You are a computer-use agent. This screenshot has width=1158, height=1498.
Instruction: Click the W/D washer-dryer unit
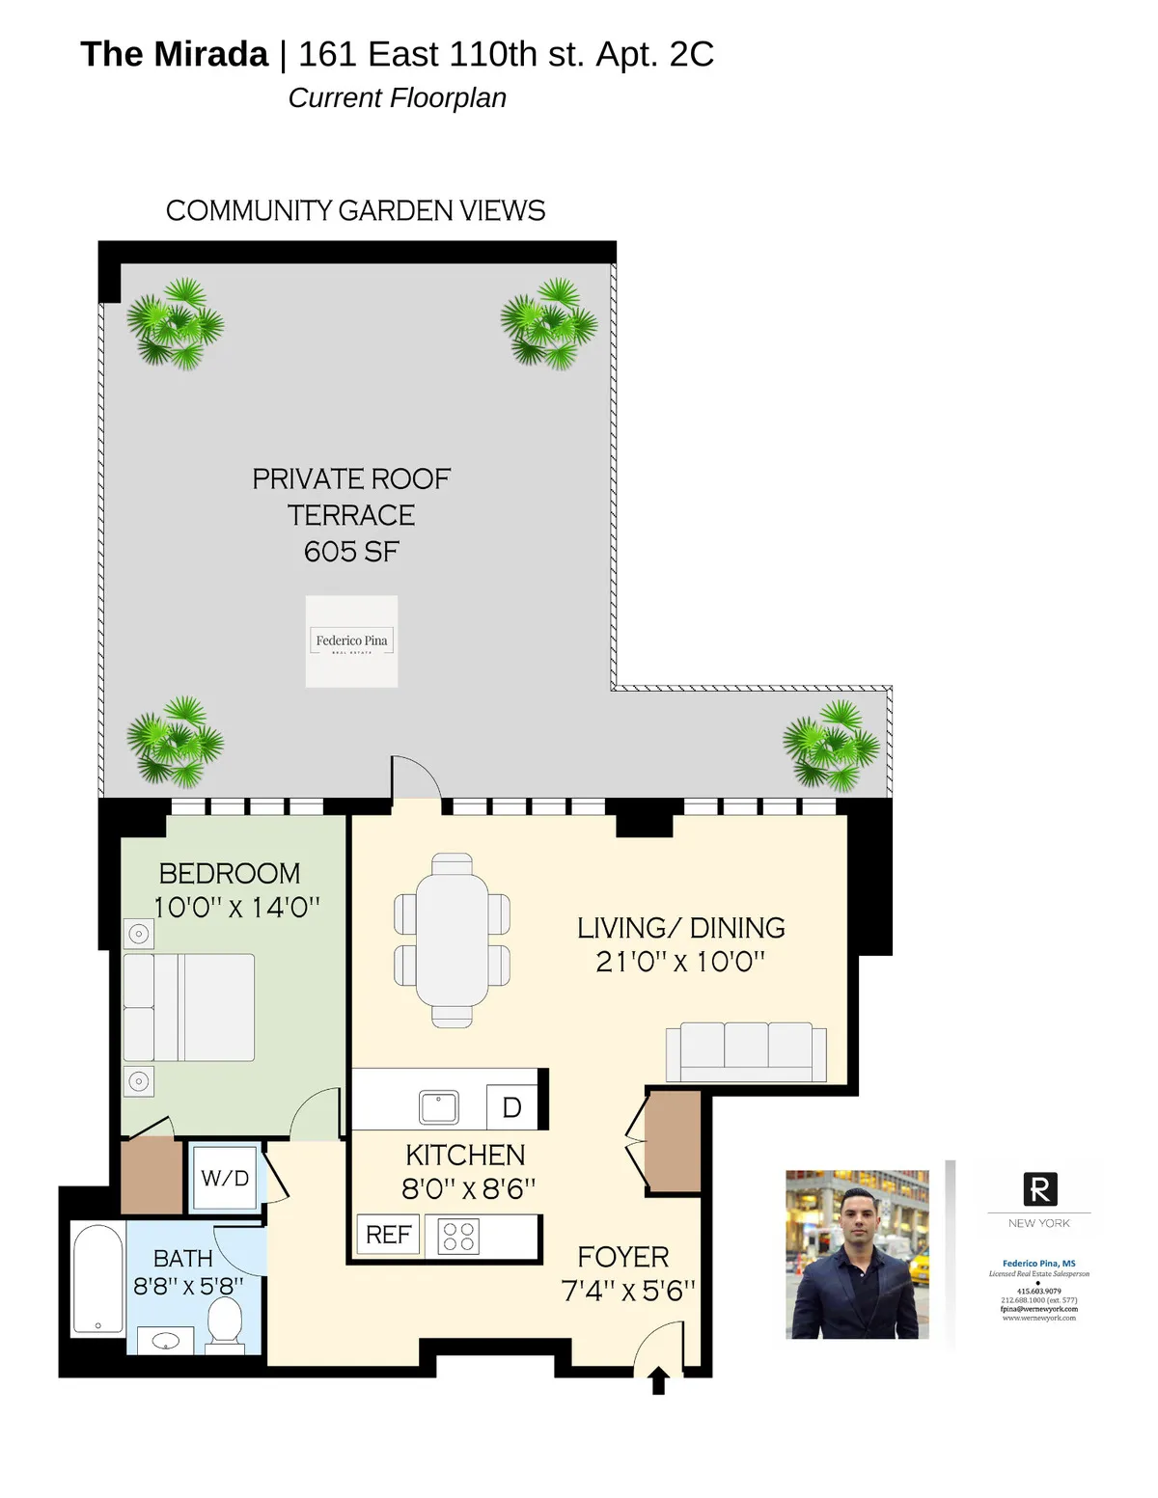[x=225, y=1177]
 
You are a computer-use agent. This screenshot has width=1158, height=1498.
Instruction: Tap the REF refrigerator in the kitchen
[x=388, y=1235]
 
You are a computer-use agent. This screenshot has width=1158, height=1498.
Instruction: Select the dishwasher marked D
[x=511, y=1107]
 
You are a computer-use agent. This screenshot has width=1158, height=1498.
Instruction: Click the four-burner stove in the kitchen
[x=458, y=1236]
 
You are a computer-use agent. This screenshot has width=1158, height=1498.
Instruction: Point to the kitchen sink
[x=439, y=1107]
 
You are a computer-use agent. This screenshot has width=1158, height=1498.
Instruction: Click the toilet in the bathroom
[x=226, y=1321]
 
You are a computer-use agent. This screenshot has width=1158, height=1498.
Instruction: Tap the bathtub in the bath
[x=98, y=1279]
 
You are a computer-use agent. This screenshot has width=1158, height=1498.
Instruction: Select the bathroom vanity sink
[x=166, y=1341]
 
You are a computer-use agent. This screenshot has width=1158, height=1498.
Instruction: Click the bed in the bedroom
[x=189, y=1008]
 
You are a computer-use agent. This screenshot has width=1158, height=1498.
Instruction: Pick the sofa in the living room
[x=746, y=1051]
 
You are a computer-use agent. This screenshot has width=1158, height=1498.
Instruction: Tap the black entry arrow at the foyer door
[x=659, y=1380]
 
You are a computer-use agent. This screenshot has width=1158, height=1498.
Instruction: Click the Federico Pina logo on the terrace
[x=351, y=641]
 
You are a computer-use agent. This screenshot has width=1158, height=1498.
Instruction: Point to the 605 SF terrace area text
[x=351, y=552]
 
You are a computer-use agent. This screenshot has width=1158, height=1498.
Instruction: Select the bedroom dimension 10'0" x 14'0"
[x=236, y=908]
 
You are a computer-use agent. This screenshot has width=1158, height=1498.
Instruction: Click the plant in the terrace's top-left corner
[x=176, y=324]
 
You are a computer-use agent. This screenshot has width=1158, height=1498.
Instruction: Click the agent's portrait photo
[x=857, y=1254]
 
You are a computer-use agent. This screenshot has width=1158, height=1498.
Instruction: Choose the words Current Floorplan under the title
[x=397, y=98]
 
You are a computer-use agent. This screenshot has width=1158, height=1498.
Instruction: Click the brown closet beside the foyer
[x=673, y=1141]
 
